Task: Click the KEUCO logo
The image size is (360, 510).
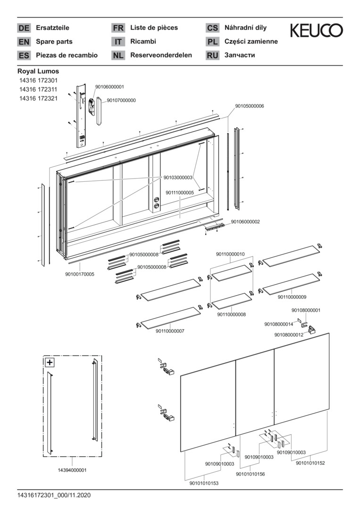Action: click(x=316, y=31)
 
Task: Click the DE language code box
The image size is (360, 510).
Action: click(x=24, y=28)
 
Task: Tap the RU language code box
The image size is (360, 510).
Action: click(x=212, y=55)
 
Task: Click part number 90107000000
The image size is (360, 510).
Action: click(x=121, y=100)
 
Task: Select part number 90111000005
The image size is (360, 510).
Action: click(x=180, y=192)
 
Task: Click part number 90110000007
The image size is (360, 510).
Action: click(x=170, y=331)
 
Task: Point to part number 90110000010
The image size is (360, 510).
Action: click(x=230, y=254)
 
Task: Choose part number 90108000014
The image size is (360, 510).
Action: click(x=278, y=324)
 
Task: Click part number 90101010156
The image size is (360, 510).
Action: click(x=250, y=474)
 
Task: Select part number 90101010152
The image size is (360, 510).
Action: click(x=310, y=463)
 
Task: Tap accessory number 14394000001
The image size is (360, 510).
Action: click(x=72, y=470)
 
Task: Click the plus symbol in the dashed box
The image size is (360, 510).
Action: click(x=49, y=363)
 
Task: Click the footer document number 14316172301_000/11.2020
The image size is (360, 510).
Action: click(x=53, y=495)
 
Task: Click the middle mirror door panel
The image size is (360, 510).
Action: click(x=255, y=394)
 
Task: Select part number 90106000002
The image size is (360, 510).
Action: click(x=245, y=221)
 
